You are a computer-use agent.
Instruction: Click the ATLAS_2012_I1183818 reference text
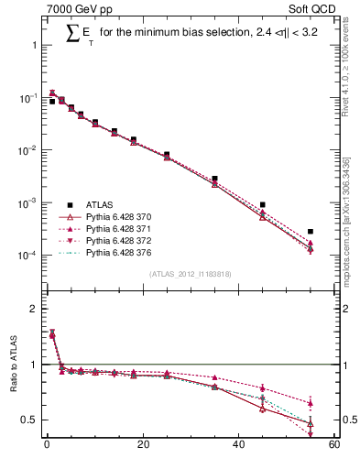191,274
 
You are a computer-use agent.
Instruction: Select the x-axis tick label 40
238,446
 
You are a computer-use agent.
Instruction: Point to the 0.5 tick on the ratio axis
30,420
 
